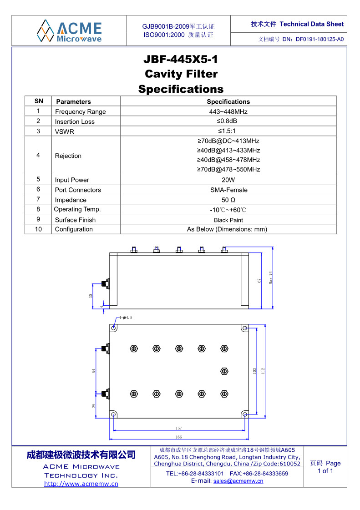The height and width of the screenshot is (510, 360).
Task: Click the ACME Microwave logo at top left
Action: tap(69, 30)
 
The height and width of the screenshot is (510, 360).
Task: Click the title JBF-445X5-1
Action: tap(181, 60)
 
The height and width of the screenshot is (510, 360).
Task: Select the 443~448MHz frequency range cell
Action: tap(228, 111)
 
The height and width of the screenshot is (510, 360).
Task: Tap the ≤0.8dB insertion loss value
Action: tap(228, 121)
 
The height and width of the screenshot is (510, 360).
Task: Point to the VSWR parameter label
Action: tap(64, 131)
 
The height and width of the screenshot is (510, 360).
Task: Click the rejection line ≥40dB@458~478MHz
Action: tap(228, 160)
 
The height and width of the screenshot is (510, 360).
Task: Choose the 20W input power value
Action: tap(228, 180)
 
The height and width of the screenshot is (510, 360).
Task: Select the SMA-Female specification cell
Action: tap(228, 190)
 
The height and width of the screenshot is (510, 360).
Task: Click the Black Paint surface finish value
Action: tap(228, 220)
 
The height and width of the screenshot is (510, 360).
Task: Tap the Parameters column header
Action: tap(73, 101)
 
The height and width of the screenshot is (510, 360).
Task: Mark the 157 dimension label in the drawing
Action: tap(179, 428)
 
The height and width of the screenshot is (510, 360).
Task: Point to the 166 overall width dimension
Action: tap(179, 437)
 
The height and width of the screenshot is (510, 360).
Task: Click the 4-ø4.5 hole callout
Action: tap(126, 317)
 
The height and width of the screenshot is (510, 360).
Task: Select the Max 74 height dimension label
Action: tap(270, 278)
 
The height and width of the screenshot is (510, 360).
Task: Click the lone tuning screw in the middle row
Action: tap(223, 371)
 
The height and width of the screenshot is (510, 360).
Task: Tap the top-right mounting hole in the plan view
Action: tap(244, 328)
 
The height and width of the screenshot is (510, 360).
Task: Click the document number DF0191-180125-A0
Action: tap(319, 40)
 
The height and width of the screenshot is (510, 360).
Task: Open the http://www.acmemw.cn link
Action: tap(81, 484)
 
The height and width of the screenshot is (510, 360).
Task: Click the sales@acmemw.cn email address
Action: tap(238, 481)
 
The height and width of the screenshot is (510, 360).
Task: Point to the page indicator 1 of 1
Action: tap(325, 471)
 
